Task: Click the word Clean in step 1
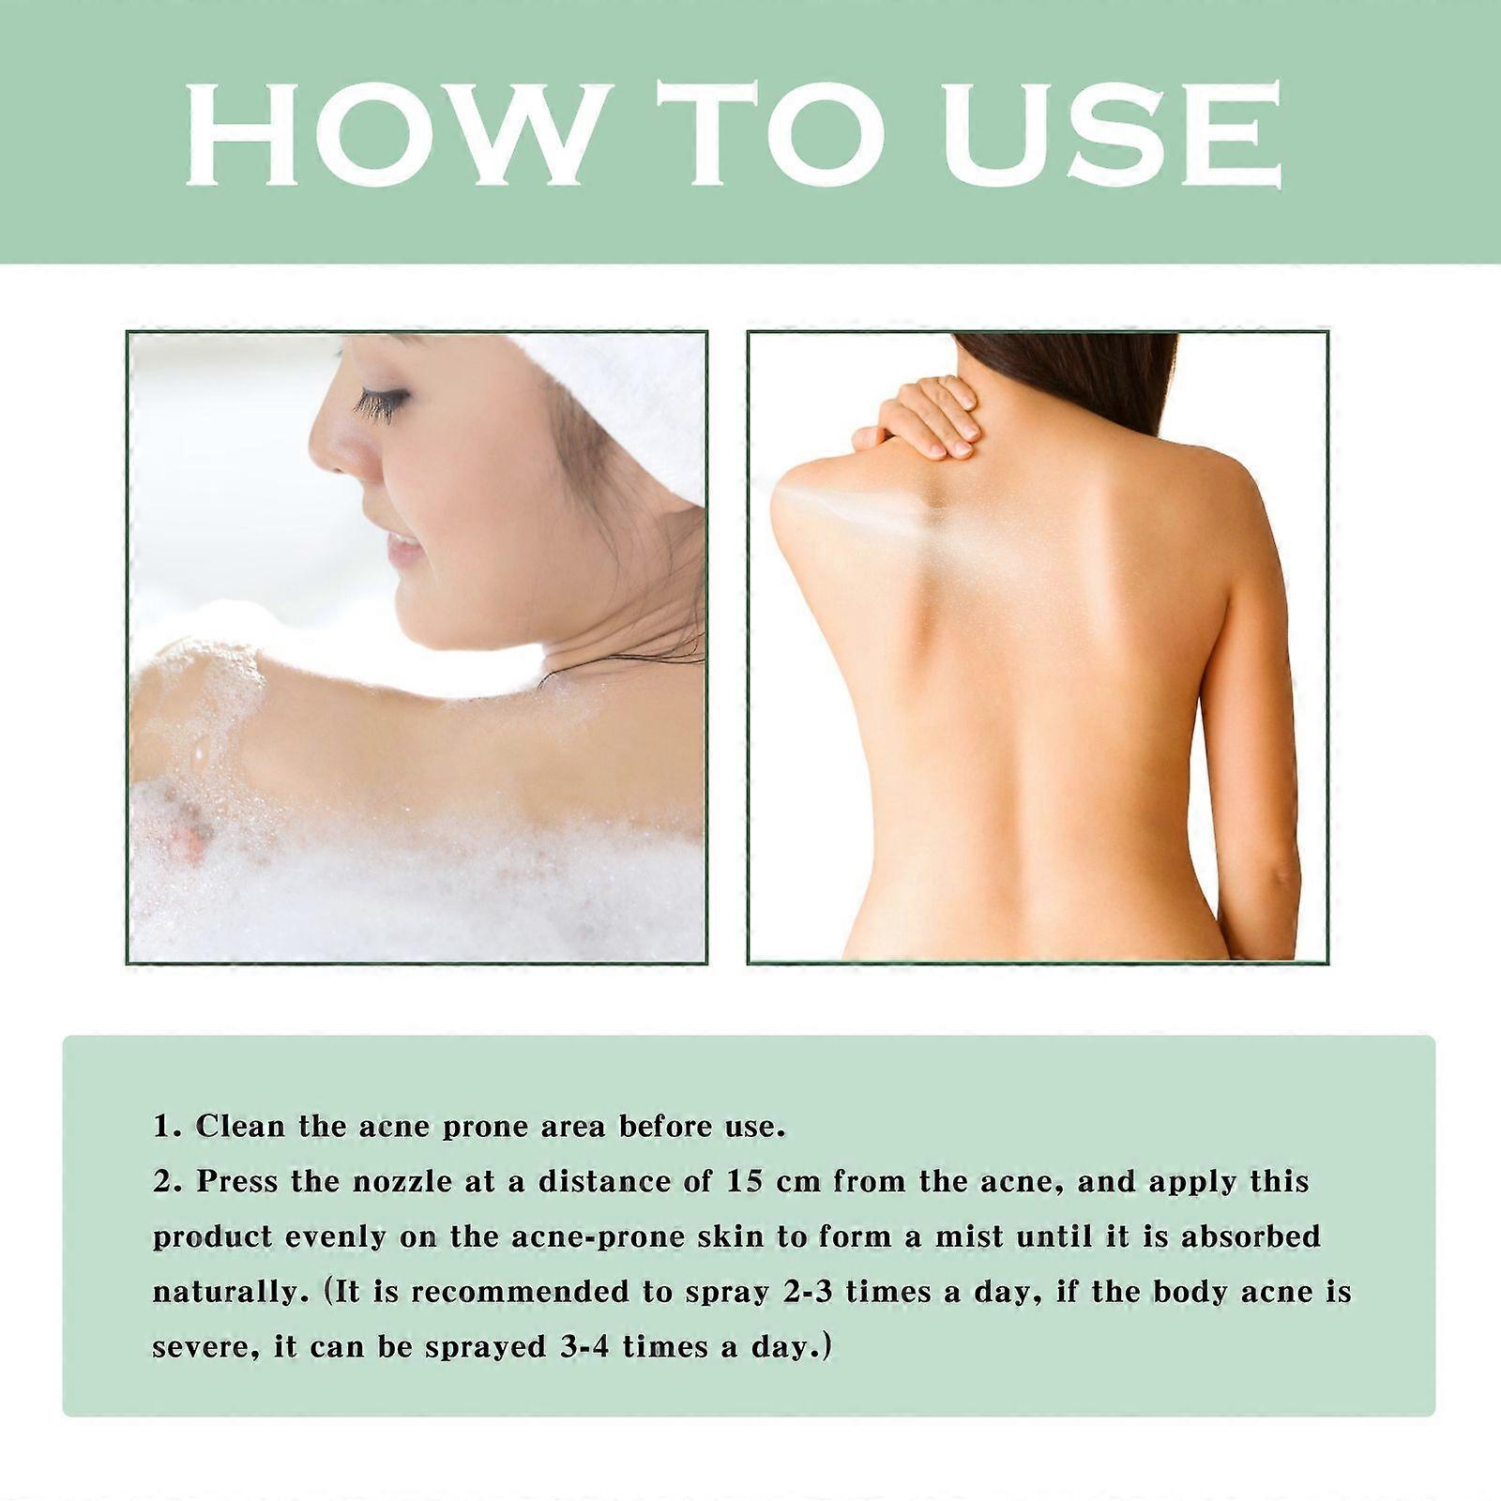(x=239, y=1126)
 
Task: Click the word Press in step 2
(x=237, y=1181)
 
